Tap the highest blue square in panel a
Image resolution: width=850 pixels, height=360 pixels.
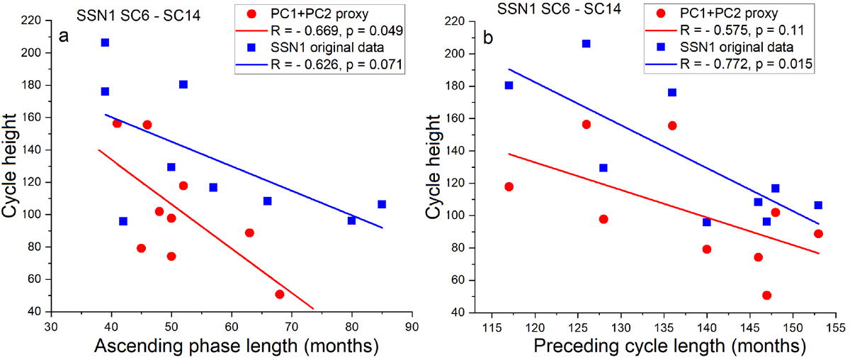pyautogui.click(x=105, y=43)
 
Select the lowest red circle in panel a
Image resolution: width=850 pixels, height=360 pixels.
pyautogui.click(x=279, y=294)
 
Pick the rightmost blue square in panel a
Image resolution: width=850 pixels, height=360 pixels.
pyautogui.click(x=382, y=204)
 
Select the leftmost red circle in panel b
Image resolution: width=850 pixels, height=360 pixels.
pyautogui.click(x=509, y=186)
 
